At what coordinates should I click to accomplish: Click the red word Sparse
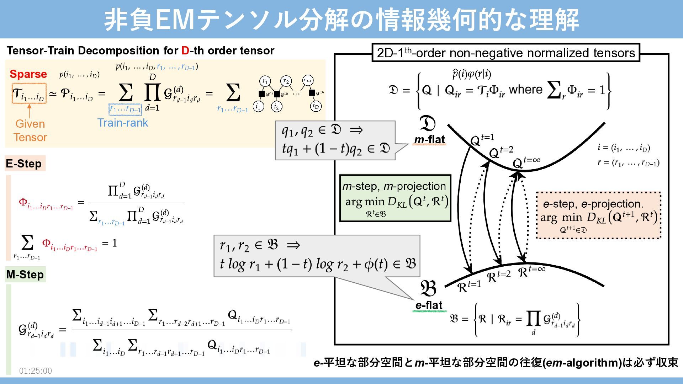(x=28, y=74)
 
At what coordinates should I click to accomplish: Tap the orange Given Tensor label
(x=30, y=130)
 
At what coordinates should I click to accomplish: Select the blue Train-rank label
(x=122, y=123)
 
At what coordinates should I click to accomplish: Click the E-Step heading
(x=24, y=164)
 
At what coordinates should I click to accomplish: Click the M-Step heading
(x=25, y=274)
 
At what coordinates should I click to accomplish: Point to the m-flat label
(x=429, y=140)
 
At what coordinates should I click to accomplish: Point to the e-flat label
(x=429, y=305)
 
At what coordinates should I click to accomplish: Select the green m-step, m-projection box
(x=395, y=198)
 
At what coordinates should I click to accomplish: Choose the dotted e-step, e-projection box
(x=598, y=215)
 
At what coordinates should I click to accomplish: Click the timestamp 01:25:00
(x=36, y=371)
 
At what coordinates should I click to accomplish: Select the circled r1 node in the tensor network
(x=265, y=81)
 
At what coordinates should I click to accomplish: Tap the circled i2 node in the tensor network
(x=276, y=106)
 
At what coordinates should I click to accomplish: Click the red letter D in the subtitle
(x=185, y=51)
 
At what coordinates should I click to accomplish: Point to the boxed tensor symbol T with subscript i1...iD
(x=29, y=94)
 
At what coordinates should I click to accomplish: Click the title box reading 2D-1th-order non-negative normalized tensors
(x=505, y=53)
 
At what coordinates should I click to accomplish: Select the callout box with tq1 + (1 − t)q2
(x=335, y=140)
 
